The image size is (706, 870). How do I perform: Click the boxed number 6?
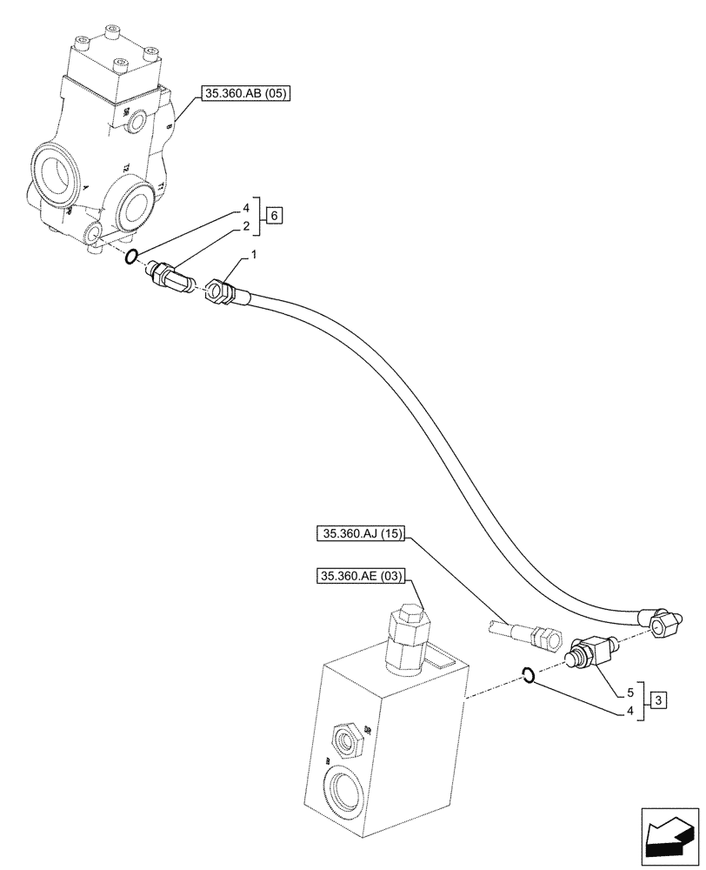[275, 215]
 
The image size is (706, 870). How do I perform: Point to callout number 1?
[255, 256]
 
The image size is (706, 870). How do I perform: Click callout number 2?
[247, 226]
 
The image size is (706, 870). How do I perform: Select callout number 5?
[629, 694]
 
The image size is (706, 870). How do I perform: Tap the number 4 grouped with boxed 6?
[247, 208]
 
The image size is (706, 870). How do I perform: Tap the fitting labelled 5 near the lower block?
[589, 652]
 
